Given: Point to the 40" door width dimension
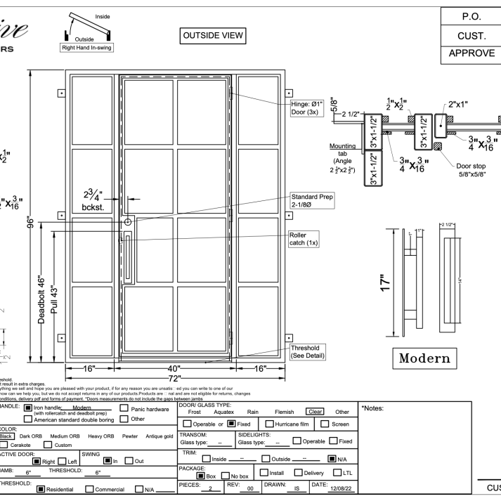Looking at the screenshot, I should pyautogui.click(x=176, y=368).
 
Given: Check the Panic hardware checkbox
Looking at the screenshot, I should pyautogui.click(x=125, y=408).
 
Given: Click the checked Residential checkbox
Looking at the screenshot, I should pyautogui.click(x=41, y=490).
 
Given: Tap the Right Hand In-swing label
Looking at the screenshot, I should pyautogui.click(x=88, y=48).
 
